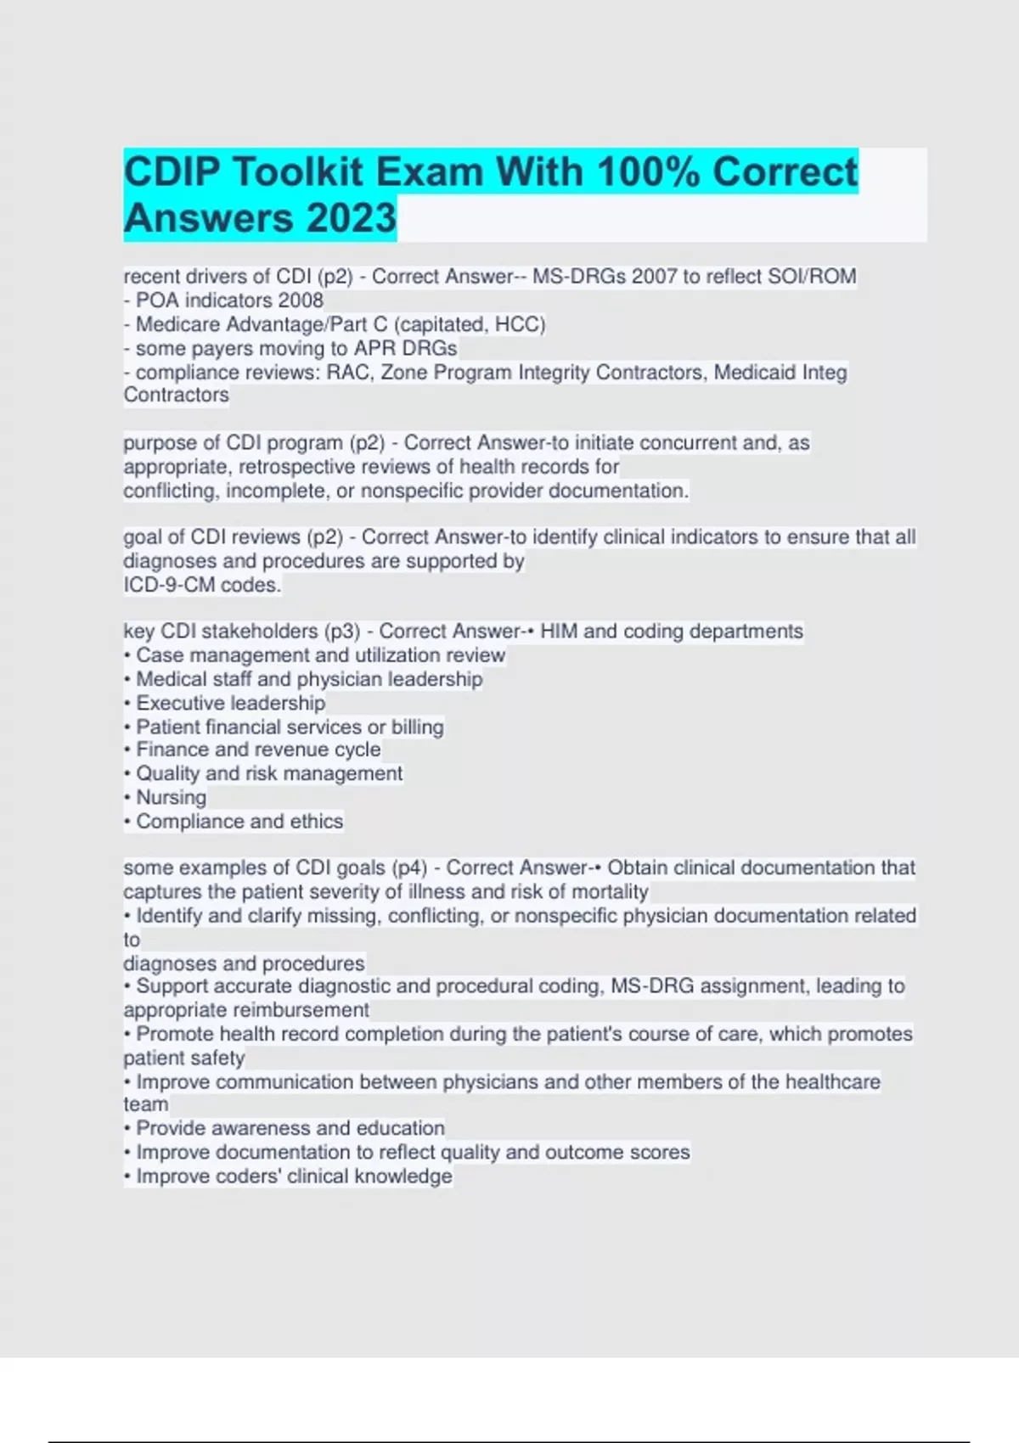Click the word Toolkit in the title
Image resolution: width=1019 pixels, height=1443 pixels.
pos(297,172)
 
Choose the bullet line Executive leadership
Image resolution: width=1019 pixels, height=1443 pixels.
pos(230,703)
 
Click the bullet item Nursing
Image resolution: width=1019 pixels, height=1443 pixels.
pos(171,797)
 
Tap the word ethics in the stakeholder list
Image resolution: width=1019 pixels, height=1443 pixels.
pos(316,821)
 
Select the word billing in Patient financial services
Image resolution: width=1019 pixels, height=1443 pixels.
pos(417,727)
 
